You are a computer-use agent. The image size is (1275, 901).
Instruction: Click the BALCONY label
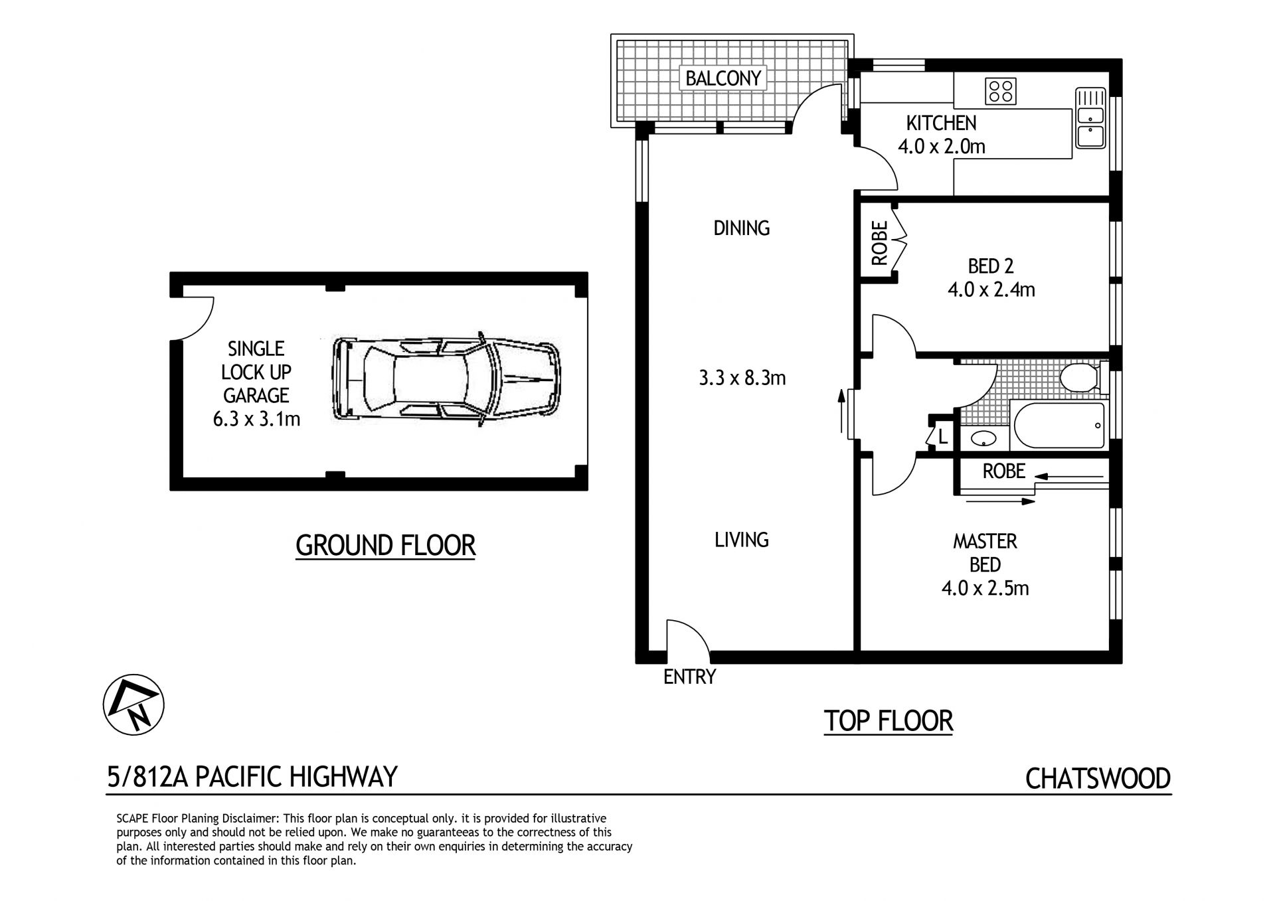pos(722,78)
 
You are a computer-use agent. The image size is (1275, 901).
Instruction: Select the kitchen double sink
pos(1090,118)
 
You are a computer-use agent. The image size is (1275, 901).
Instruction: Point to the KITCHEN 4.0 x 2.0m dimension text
pos(942,146)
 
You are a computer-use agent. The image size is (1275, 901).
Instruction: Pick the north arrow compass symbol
pos(133,704)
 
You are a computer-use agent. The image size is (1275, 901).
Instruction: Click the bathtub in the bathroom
pos(1059,426)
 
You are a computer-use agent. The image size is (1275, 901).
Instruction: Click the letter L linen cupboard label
pos(942,437)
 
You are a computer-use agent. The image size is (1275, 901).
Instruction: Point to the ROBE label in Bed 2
pos(879,244)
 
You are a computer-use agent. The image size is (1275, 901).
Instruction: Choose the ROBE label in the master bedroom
pos(1003,471)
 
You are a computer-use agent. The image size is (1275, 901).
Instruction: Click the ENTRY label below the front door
pos(690,677)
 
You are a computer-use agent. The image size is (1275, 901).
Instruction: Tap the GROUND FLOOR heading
pos(386,545)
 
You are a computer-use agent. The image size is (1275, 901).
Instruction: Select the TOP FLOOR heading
pos(889,720)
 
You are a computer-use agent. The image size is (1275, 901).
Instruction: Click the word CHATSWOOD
pos(1098,778)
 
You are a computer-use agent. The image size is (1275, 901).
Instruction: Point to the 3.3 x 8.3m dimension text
pos(742,378)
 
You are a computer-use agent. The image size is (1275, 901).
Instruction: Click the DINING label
pos(742,228)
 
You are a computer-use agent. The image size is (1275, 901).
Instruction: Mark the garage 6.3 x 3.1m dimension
pos(256,419)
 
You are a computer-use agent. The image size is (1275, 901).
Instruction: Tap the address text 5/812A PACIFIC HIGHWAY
pos(252,776)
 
